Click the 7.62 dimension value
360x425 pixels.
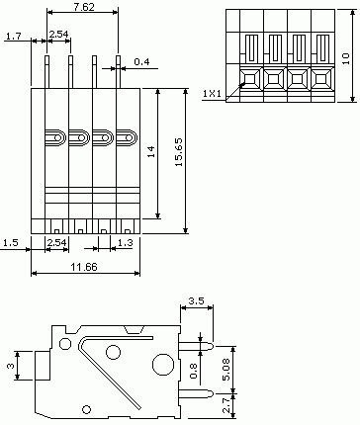coord(84,7)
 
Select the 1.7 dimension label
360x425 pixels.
coord(14,36)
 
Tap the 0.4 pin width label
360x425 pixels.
coord(141,61)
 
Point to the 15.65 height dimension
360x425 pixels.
coord(179,152)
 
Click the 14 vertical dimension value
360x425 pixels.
coord(151,151)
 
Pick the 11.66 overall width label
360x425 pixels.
coord(84,267)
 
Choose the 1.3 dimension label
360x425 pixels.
coord(125,243)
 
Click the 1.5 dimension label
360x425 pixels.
coord(10,243)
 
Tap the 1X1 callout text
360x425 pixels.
coord(212,94)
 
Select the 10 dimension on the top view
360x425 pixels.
coord(345,58)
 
